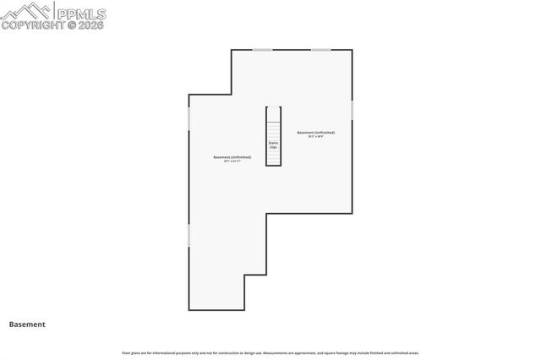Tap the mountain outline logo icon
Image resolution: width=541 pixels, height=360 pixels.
[28, 11]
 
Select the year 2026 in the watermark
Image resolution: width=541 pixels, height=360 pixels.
[90, 25]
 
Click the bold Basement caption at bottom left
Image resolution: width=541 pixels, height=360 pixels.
[27, 324]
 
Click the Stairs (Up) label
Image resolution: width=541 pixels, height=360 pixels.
[274, 145]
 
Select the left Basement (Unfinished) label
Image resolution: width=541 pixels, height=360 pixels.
[232, 157]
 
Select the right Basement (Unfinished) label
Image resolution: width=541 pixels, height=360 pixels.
[315, 133]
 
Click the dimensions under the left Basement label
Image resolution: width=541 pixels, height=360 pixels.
[232, 161]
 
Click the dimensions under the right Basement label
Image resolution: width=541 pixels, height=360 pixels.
[315, 137]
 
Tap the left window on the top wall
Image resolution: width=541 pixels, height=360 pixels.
[263, 50]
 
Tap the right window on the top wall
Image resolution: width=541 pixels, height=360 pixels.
[320, 50]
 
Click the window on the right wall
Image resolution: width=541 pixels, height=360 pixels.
[352, 110]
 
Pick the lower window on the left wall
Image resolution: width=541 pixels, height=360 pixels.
[189, 235]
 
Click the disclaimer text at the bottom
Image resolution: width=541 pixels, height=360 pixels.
[270, 352]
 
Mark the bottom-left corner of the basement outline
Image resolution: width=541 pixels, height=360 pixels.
[189, 309]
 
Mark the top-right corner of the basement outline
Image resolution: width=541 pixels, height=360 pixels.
[352, 50]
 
